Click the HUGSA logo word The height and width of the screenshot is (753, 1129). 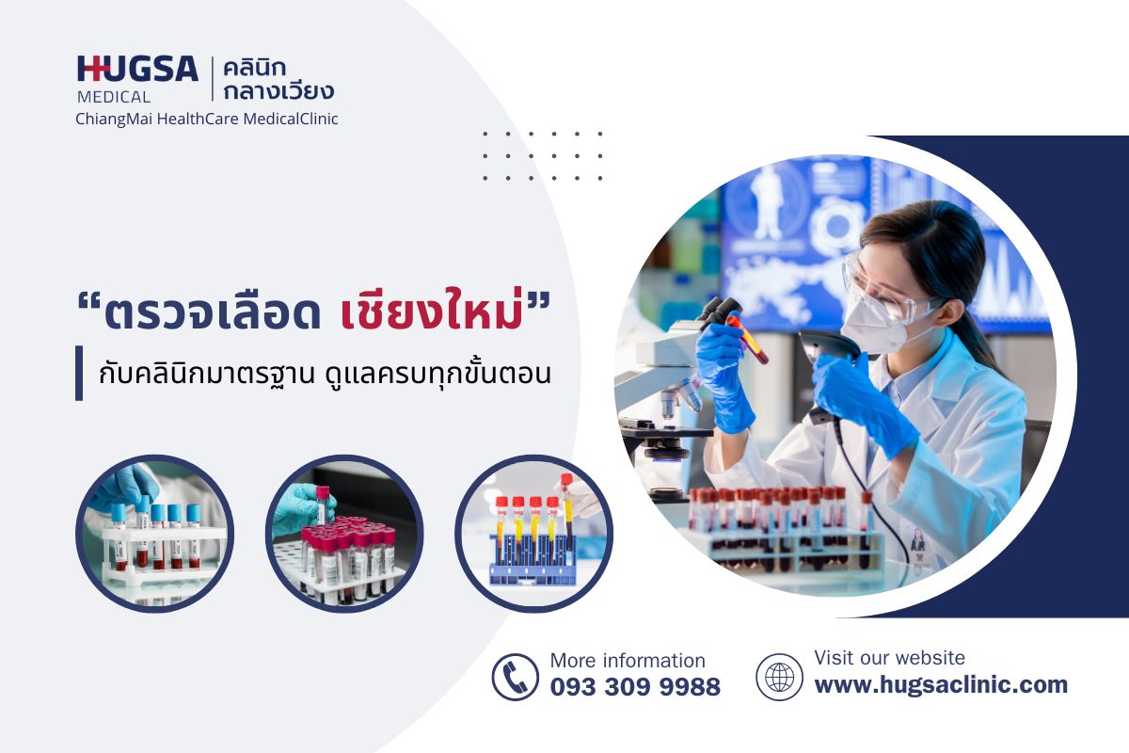(x=137, y=70)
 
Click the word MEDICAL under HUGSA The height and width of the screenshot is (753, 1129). (x=113, y=96)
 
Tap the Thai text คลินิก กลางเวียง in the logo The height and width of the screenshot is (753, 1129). (x=279, y=80)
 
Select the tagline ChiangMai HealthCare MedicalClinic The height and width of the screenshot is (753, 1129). (x=207, y=119)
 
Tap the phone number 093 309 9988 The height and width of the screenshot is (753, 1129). (x=635, y=687)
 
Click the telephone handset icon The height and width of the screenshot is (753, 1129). (x=516, y=677)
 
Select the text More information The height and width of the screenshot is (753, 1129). (x=628, y=661)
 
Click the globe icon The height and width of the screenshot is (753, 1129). (x=779, y=677)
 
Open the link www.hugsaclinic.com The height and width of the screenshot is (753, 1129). (x=941, y=684)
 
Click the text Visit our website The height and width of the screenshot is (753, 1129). (x=889, y=658)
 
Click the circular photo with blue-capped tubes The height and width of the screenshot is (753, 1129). (x=154, y=534)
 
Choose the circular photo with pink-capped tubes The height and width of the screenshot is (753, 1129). (x=344, y=534)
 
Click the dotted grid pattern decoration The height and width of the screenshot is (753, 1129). (x=543, y=156)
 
